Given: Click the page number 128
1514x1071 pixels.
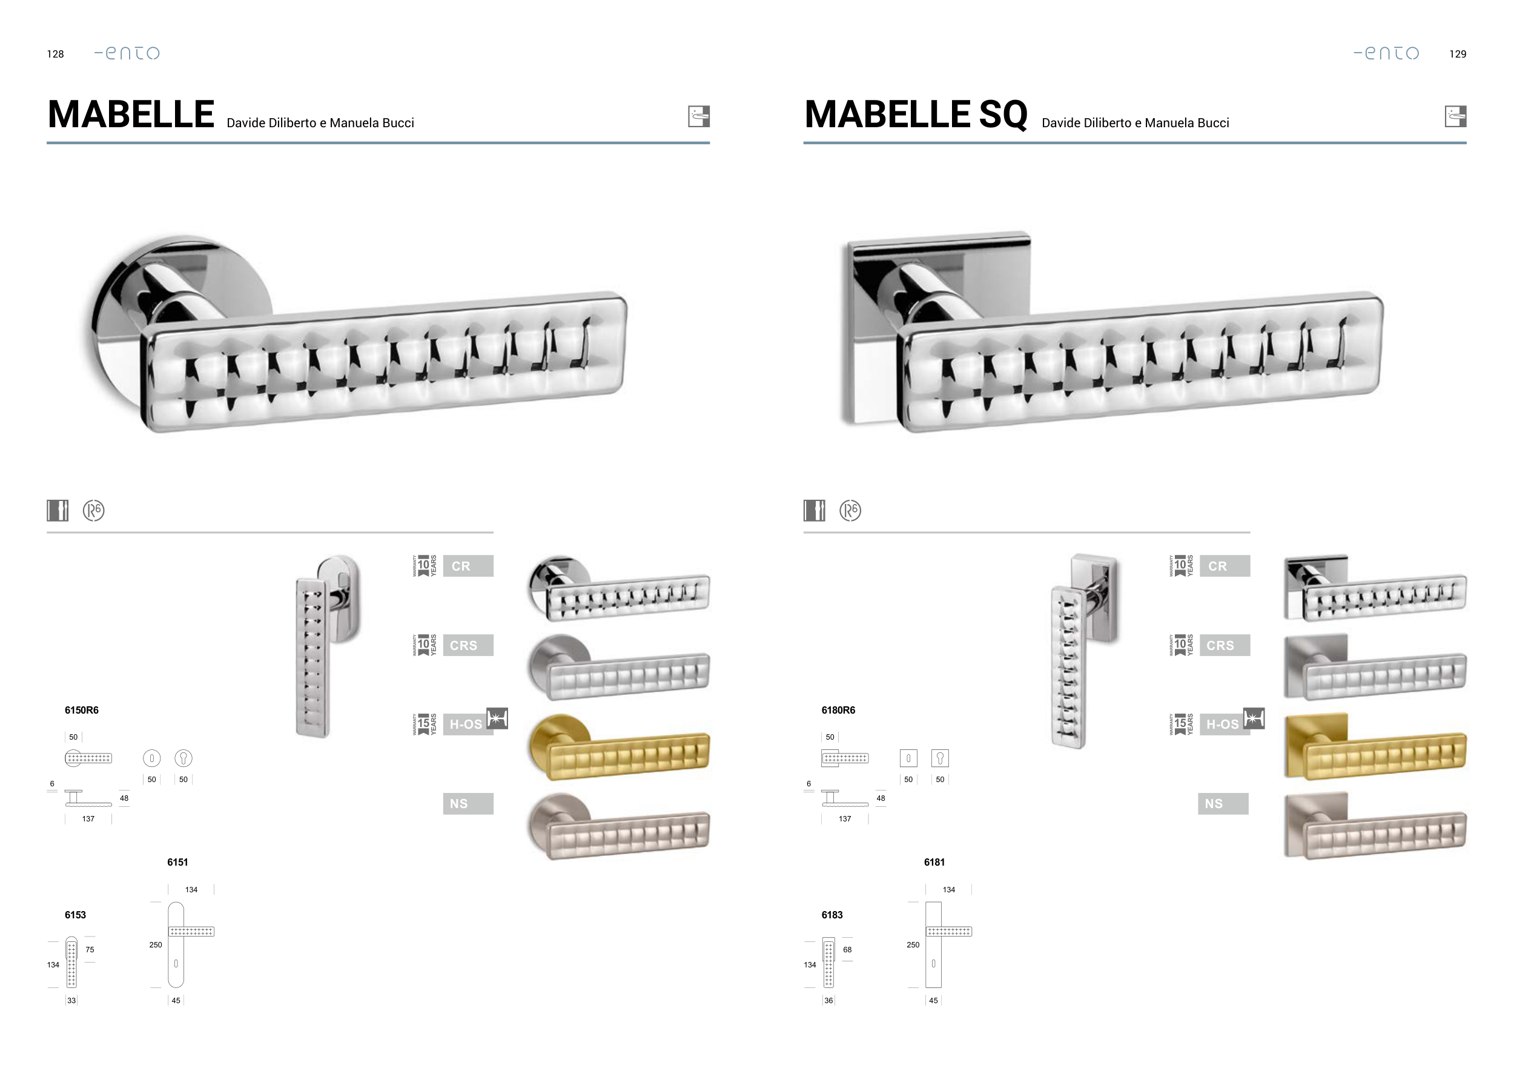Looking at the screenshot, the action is click(x=55, y=54).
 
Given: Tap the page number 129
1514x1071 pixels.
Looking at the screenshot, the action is click(x=1457, y=54).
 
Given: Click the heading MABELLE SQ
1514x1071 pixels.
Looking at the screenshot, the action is click(x=916, y=114).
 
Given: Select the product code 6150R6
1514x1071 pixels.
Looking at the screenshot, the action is click(x=82, y=710).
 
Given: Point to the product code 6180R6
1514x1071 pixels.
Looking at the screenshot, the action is click(x=838, y=710).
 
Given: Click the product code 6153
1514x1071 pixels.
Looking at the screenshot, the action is click(x=75, y=915).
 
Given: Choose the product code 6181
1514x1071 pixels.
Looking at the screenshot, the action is click(x=934, y=862).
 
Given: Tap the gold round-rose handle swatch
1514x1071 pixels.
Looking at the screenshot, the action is click(x=618, y=747).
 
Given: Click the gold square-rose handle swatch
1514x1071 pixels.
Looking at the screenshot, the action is click(x=1375, y=746).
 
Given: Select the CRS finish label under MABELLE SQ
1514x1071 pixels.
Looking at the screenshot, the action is click(x=1225, y=645).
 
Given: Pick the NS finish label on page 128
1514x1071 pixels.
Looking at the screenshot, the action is click(x=468, y=803).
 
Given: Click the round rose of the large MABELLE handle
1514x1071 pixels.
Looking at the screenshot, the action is click(x=132, y=277).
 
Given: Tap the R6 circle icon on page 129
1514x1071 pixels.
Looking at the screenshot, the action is click(x=850, y=511).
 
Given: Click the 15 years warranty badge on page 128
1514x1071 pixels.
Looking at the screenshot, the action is click(x=424, y=724).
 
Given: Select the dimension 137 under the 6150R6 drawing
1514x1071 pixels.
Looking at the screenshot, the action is click(x=88, y=819).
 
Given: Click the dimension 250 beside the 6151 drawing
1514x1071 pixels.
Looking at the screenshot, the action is click(x=156, y=945).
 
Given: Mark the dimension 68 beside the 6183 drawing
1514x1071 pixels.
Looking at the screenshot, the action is click(x=847, y=950).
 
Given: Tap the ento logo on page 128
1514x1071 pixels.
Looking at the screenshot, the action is click(x=127, y=53).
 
